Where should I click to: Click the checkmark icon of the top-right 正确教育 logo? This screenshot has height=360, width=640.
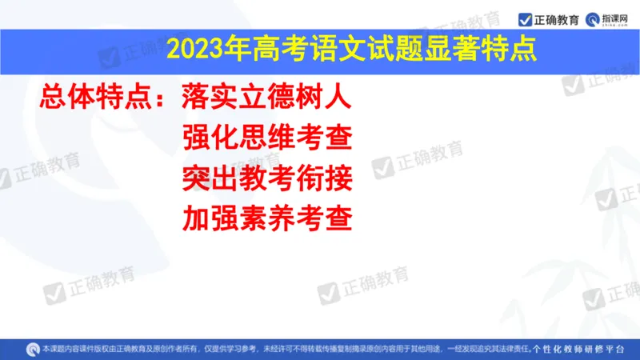click(x=526, y=18)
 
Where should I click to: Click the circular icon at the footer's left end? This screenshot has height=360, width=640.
click(x=33, y=349)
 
